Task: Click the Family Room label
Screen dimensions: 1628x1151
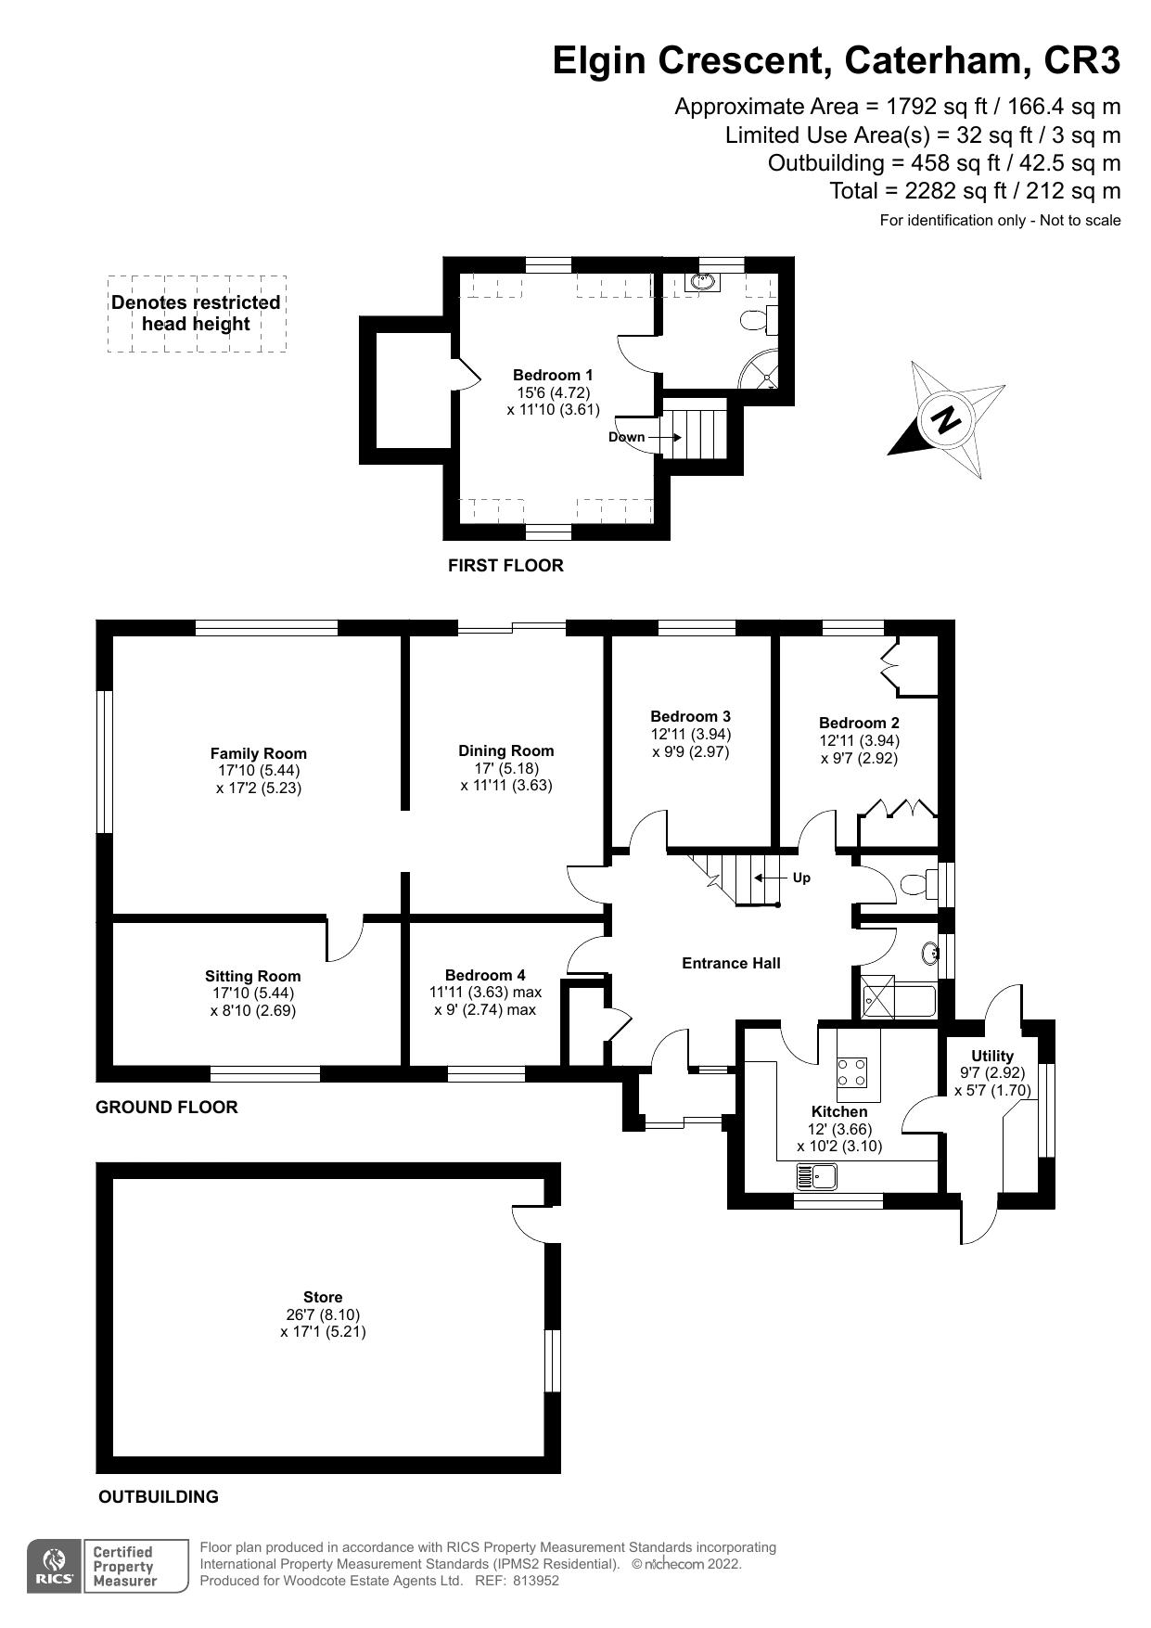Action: (x=258, y=753)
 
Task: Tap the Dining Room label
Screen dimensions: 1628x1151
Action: (x=505, y=750)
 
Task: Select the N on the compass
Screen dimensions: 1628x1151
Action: (x=947, y=419)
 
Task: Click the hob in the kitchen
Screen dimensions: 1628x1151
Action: (x=852, y=1072)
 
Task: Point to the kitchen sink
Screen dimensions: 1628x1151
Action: (x=816, y=1178)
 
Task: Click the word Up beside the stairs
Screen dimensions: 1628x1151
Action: (x=801, y=878)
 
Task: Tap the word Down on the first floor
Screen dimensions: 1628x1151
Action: (x=626, y=437)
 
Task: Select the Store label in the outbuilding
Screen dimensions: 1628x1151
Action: (x=323, y=1297)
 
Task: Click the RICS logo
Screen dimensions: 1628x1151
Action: (x=55, y=1566)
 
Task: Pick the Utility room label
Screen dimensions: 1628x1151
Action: (x=991, y=1056)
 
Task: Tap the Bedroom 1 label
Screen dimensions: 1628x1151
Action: (x=553, y=375)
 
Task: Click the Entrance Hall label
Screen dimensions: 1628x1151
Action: (x=731, y=963)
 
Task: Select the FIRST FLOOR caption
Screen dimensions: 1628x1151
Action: (x=505, y=565)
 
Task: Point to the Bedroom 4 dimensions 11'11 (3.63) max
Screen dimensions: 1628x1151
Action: (x=485, y=993)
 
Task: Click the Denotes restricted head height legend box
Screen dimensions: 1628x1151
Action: (x=196, y=314)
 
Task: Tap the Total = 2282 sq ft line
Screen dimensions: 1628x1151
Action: (x=975, y=191)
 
